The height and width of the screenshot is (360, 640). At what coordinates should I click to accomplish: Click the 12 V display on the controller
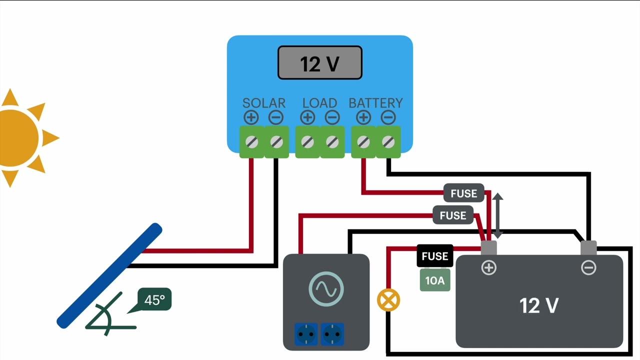point(319,63)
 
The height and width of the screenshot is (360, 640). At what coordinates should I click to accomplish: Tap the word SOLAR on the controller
point(263,103)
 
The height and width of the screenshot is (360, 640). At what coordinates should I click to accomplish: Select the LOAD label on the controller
point(319,103)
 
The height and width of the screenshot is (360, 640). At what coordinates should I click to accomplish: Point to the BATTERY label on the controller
point(375,103)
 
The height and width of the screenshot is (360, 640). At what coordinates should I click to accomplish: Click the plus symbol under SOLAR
point(251,117)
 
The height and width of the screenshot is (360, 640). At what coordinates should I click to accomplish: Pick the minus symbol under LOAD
point(332,117)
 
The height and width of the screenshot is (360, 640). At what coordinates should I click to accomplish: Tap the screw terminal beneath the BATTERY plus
point(363,142)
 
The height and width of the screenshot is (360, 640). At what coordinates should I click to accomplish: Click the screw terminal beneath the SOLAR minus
point(276,142)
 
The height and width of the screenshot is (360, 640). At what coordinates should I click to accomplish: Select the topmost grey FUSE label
point(463,193)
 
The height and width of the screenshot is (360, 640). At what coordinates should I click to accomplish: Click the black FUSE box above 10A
point(434,256)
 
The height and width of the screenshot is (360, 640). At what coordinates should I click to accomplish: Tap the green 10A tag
point(434,280)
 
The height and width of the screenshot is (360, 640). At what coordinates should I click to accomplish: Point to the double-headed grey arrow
point(497,216)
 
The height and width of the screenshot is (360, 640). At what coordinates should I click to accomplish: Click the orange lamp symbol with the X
point(388,300)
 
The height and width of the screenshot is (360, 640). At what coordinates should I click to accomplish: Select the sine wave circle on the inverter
point(326,288)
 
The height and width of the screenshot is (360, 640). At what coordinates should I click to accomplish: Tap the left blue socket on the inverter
point(306,333)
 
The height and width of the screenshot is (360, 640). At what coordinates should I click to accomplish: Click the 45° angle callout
point(154,300)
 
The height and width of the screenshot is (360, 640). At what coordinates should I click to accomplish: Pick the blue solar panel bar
point(109,275)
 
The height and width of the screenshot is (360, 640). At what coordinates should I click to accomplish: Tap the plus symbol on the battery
point(488,268)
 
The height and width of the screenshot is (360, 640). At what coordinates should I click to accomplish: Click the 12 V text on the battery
point(538,305)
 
